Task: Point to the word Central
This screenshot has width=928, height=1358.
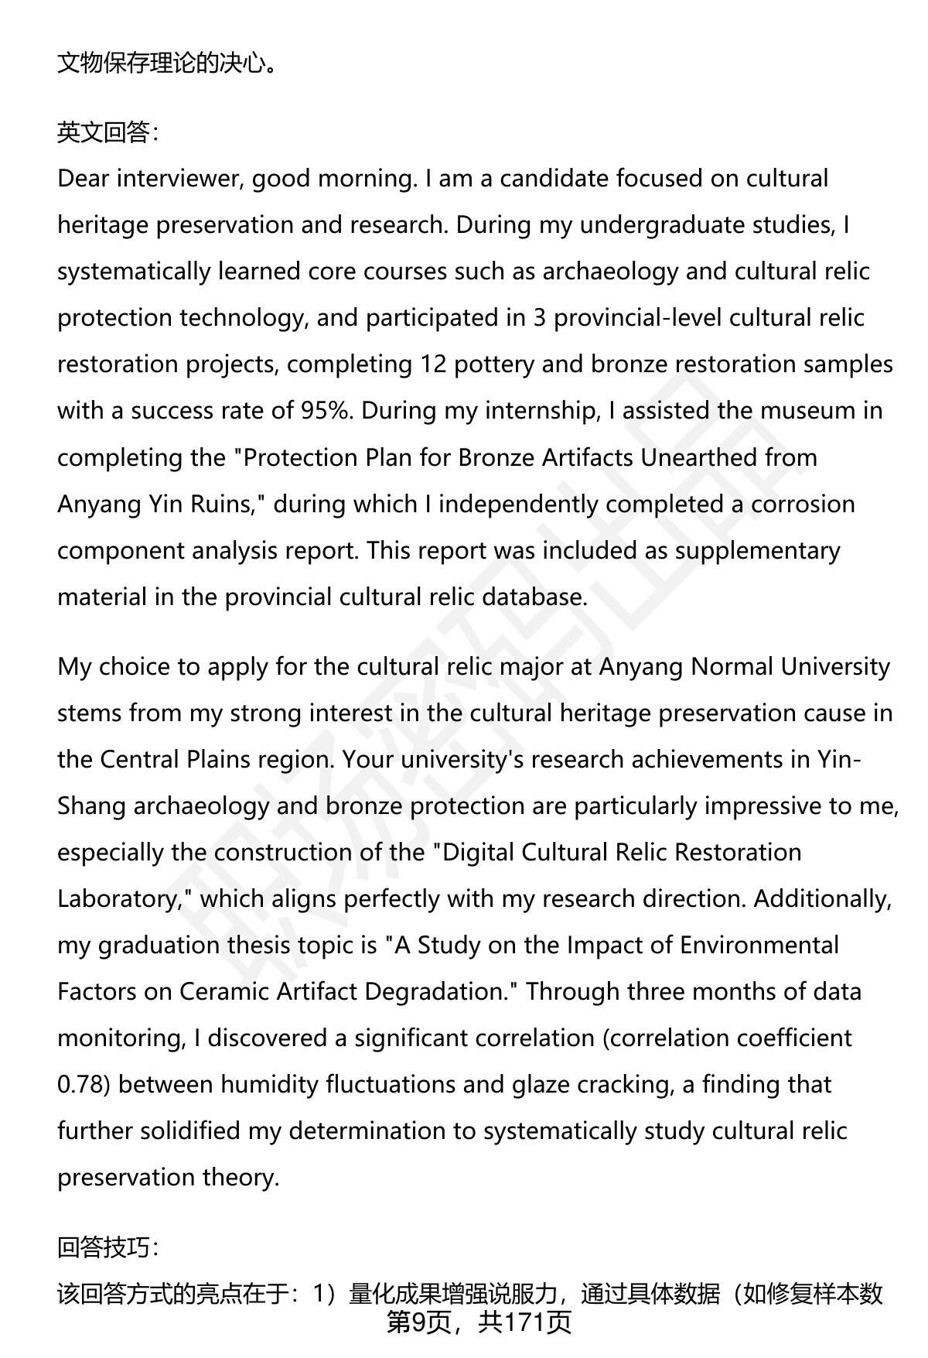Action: pyautogui.click(x=139, y=759)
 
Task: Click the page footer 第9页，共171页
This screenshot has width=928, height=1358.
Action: pyautogui.click(x=479, y=1322)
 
